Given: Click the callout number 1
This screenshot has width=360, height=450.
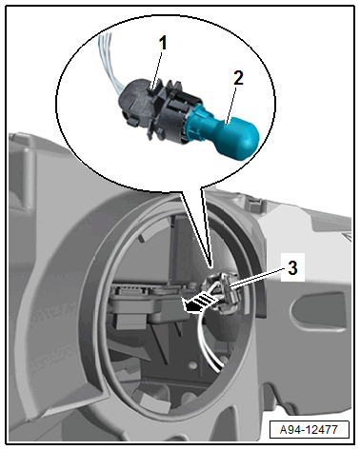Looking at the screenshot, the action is (163, 43).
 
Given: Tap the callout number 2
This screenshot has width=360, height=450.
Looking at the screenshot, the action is (238, 78).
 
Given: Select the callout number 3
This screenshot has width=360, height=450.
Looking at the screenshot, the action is (292, 267).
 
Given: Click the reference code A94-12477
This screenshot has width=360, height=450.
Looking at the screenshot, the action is (309, 430).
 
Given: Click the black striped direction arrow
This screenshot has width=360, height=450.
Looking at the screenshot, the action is (198, 303).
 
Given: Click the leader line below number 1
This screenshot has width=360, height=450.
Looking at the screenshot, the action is (157, 71).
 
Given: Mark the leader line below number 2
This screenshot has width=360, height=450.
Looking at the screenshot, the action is (231, 106).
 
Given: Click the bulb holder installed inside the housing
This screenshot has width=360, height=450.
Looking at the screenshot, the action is (225, 292).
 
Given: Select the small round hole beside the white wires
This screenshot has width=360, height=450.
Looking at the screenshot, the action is (192, 365).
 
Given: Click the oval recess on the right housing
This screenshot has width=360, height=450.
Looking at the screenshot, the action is (318, 312).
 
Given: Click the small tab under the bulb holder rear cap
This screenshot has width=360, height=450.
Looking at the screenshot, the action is (131, 120).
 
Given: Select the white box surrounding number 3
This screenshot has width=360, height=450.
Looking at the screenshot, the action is (292, 267).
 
